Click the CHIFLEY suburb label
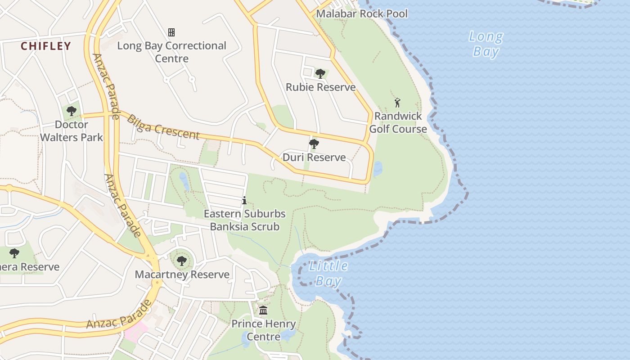coord(46,46)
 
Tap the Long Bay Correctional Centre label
coord(171,52)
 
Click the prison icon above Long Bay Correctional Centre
coord(171,32)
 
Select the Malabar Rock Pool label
coord(362,13)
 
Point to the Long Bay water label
coord(486,44)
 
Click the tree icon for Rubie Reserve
coord(320,73)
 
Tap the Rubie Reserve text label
coord(320,87)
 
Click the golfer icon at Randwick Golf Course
coord(397,103)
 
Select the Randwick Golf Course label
coord(398,122)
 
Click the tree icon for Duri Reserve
coord(314,144)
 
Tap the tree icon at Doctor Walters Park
coord(72,111)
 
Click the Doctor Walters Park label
coord(72,131)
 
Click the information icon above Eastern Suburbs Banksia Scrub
coord(244,200)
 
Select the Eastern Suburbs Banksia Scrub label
coord(244,220)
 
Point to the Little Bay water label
coord(328,273)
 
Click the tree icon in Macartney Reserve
coord(182,261)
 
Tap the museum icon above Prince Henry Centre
coord(263,310)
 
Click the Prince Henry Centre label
coord(263,330)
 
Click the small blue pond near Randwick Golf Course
coord(378,169)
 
